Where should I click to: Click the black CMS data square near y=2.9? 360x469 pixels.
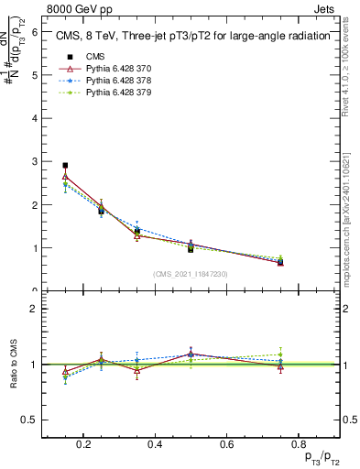[65, 166]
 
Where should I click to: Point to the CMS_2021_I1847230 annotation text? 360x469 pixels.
[191, 274]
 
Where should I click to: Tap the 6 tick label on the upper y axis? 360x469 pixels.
[35, 31]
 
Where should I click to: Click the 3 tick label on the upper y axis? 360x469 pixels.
[35, 161]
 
